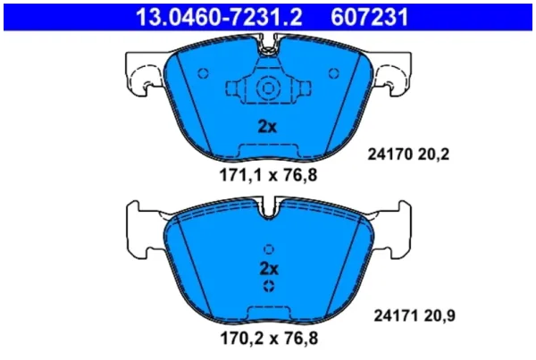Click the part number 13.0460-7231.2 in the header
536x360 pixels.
click(219, 17)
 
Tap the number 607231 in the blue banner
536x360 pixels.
click(370, 17)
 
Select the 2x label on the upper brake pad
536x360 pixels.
click(267, 127)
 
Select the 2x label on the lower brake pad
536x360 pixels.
click(270, 269)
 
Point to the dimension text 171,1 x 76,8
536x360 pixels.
click(268, 175)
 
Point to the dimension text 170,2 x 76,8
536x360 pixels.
click(269, 339)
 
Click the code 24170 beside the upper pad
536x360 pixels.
click(389, 155)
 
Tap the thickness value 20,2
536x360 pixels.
click(433, 155)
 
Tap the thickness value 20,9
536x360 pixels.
click(440, 315)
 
